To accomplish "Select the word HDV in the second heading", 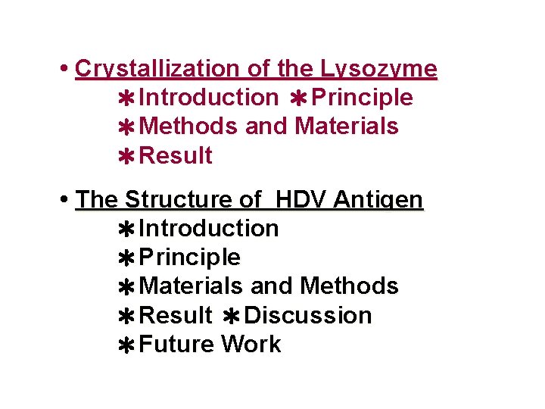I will click(300, 200).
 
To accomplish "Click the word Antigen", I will click(378, 200).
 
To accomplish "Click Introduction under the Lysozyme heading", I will click(209, 98).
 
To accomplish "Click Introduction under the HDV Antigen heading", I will click(209, 229).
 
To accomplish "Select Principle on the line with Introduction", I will click(362, 98).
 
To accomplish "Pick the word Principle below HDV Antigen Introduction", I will click(190, 258).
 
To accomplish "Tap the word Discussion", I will click(308, 315).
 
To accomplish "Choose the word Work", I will click(251, 345).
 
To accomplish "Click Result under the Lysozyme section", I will click(176, 156).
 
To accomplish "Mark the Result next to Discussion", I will click(176, 315).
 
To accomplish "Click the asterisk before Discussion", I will click(232, 316).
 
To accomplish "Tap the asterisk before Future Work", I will click(127, 345).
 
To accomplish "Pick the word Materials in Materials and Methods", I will click(192, 286).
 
